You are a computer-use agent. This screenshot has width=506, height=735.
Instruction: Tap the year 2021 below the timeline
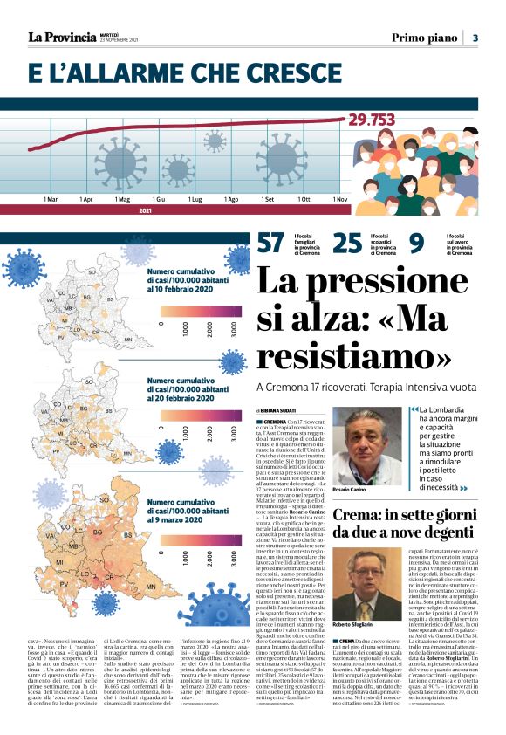pos(146,210)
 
